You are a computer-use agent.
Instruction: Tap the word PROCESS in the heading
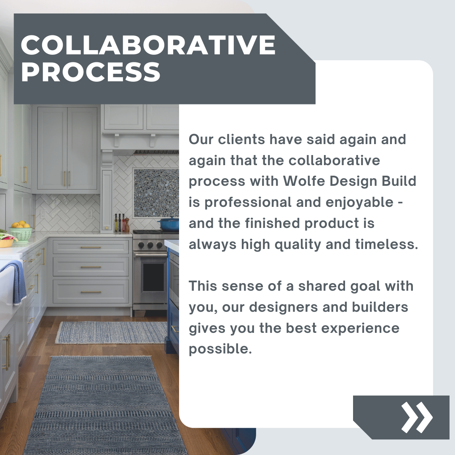pyautogui.click(x=91, y=72)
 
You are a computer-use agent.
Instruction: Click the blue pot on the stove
pyautogui.click(x=169, y=224)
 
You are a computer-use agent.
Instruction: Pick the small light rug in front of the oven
pyautogui.click(x=112, y=332)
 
